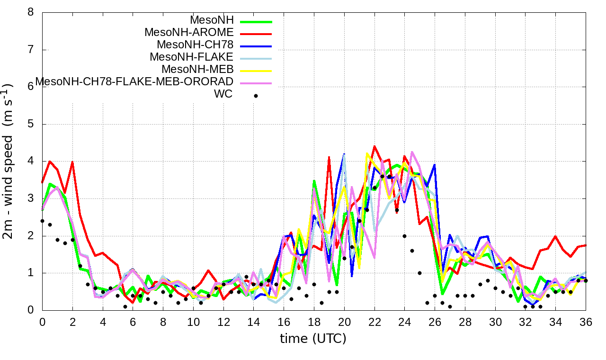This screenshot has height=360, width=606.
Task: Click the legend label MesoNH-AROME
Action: (x=189, y=33)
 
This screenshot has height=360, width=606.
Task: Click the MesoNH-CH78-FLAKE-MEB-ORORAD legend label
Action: (x=134, y=81)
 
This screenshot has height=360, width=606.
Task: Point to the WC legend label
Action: (x=223, y=94)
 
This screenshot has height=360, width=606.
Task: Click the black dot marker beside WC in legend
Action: (x=256, y=96)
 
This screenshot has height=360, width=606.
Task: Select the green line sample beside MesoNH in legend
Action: (x=256, y=21)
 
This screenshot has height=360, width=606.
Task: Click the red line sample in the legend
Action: (x=256, y=34)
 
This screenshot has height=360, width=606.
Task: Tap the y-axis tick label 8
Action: (x=31, y=12)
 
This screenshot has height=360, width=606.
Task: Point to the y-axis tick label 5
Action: (x=31, y=124)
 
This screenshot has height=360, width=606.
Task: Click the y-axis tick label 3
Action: (x=31, y=198)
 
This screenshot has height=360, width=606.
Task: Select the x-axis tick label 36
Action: (x=586, y=322)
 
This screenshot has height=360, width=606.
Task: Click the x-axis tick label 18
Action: (x=314, y=322)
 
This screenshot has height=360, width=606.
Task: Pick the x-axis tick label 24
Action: (x=405, y=322)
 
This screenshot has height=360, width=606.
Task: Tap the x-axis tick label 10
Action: (x=193, y=322)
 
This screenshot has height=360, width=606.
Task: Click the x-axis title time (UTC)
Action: (x=313, y=338)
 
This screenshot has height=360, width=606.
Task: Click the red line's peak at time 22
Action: (x=374, y=146)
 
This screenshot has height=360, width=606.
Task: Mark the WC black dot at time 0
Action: (x=42, y=221)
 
